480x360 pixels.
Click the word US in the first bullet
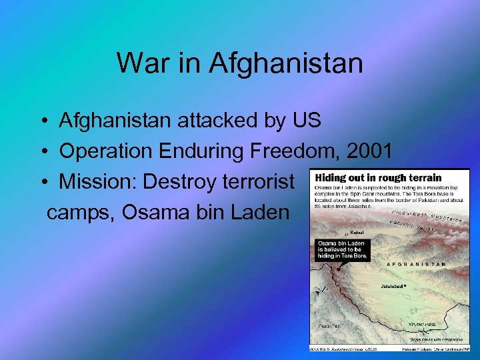pos(306,121)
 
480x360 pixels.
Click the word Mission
pos(97,182)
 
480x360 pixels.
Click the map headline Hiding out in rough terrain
pos(378,178)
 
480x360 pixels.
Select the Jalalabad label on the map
pos(393,285)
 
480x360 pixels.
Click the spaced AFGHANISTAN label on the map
pos(416,265)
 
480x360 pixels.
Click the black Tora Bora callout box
pos(341,249)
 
